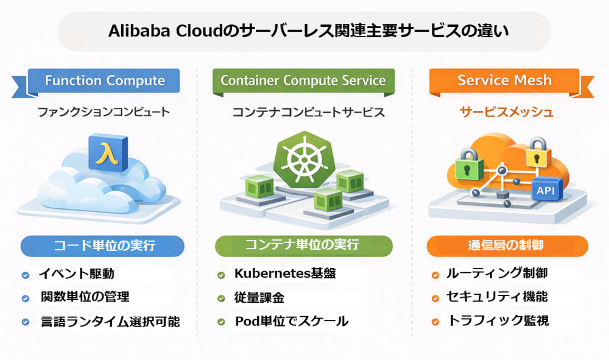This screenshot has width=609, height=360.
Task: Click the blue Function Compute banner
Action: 105,80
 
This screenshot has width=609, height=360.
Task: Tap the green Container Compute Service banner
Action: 303,80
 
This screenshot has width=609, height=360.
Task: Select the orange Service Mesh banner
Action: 504,80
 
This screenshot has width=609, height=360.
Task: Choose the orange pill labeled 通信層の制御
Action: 506,246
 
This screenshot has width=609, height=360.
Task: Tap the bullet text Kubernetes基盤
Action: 285,274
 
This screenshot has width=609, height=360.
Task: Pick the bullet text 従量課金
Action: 259,298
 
